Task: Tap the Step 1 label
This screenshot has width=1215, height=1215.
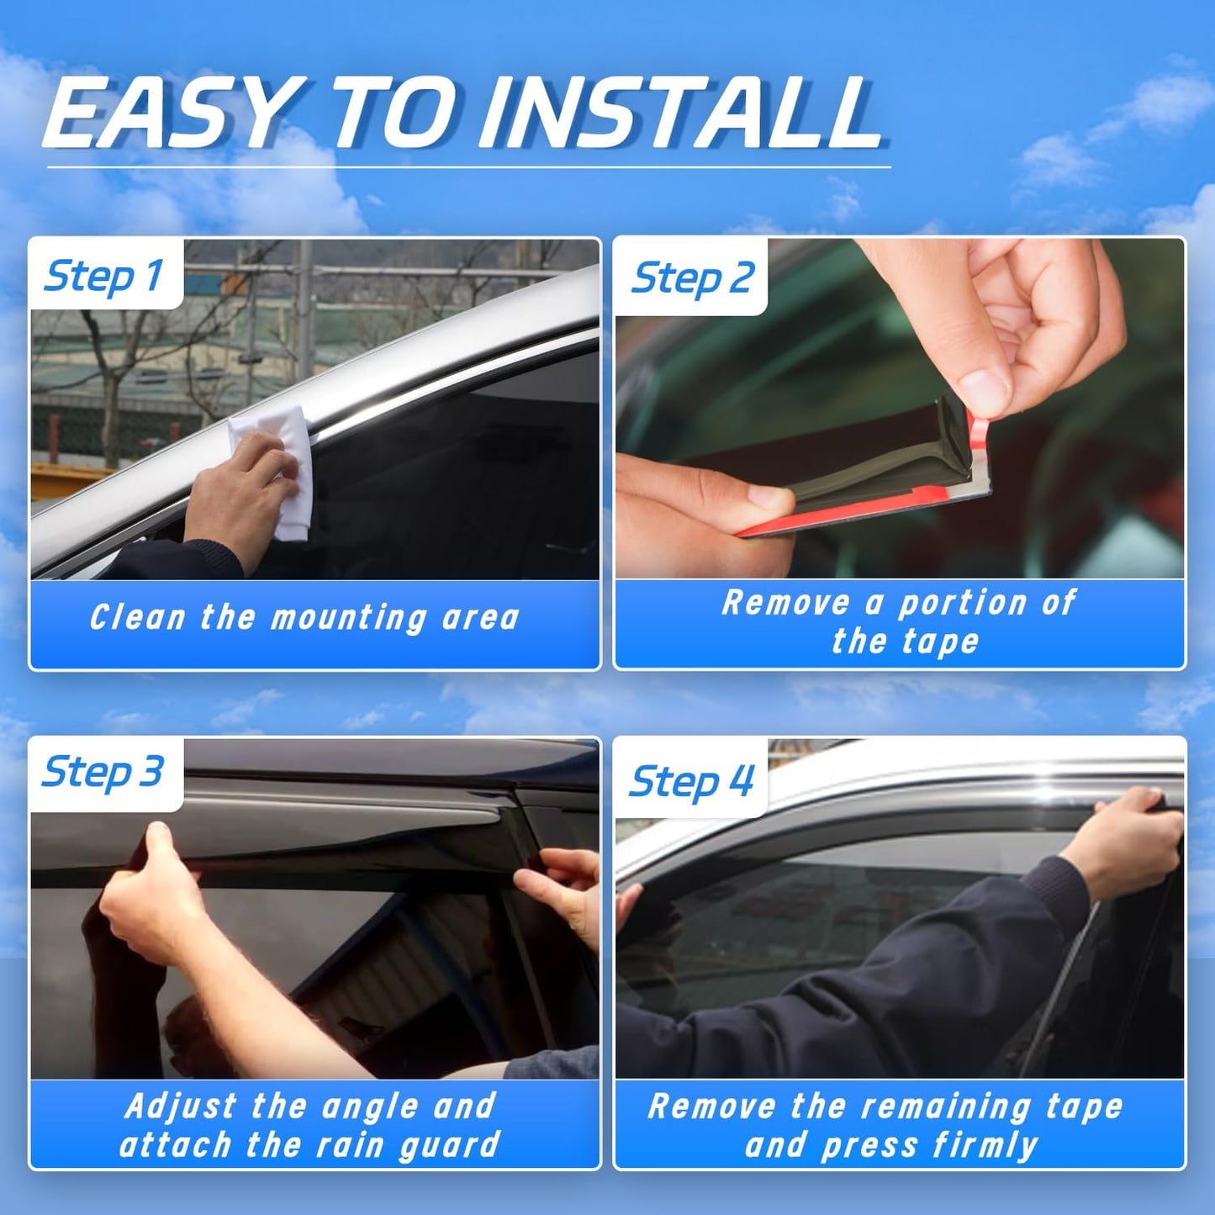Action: pos(103,276)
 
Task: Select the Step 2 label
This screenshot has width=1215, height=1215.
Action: pos(692,278)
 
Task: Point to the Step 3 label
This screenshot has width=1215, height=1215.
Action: pos(103,772)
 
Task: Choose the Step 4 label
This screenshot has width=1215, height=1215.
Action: pos(692,781)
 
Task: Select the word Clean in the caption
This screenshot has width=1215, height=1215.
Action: pos(137,617)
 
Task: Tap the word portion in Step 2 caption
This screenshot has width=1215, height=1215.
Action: pos(963,603)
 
